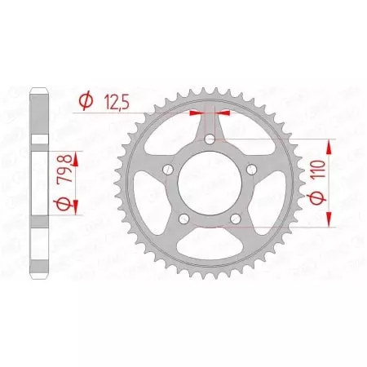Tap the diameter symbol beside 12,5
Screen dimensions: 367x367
85,100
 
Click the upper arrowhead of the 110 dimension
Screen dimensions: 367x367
329,146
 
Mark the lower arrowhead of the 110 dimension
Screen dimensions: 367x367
329,220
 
